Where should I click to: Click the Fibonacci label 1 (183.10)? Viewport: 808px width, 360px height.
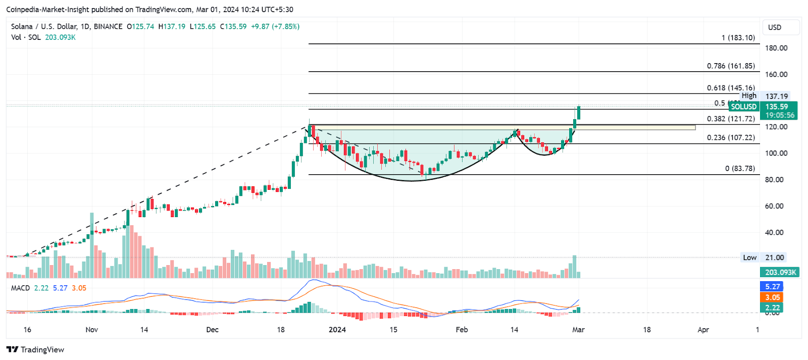(738, 38)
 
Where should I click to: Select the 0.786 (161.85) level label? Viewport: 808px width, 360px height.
(731, 66)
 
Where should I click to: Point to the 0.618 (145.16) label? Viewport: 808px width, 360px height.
(731, 88)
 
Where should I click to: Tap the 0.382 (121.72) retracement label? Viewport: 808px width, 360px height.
(731, 119)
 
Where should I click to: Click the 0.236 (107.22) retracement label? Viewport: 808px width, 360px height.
(731, 138)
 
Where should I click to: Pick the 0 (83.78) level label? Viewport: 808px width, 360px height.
(740, 169)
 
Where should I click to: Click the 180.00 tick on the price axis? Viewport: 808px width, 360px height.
(776, 48)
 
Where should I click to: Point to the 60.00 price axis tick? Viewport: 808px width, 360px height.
(776, 206)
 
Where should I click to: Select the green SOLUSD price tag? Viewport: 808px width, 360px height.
(744, 107)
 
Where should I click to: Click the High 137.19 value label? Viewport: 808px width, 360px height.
(776, 96)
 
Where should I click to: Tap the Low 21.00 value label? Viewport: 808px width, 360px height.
(774, 258)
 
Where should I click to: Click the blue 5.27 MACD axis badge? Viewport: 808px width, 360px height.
(772, 287)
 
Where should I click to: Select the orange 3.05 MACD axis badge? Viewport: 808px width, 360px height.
(772, 297)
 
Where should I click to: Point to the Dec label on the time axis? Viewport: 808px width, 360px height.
(213, 330)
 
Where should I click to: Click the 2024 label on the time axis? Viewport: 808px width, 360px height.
(337, 330)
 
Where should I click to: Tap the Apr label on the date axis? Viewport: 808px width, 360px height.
(703, 330)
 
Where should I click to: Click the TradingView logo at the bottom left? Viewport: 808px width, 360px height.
(35, 349)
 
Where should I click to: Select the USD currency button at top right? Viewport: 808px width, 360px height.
(775, 27)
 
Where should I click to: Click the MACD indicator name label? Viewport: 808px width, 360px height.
(21, 288)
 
